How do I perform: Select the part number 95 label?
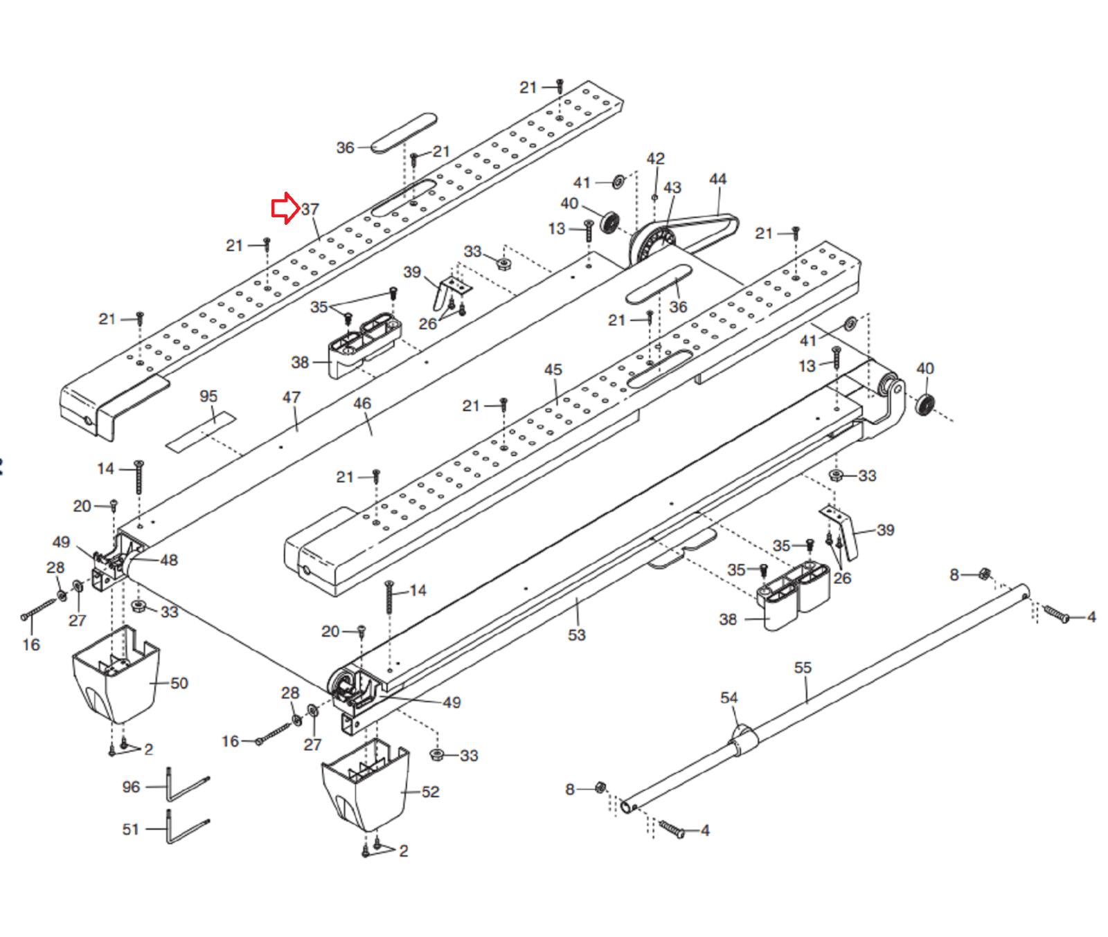coord(208,396)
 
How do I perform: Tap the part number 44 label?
coord(718,179)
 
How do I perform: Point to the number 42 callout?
coord(656,158)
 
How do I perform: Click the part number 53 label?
coord(577,635)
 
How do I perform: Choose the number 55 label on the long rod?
coord(803,667)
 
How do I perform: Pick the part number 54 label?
coord(729,698)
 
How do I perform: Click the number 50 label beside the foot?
coord(179,683)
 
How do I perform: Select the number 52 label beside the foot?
coord(431,792)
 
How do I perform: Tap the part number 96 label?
coord(131,787)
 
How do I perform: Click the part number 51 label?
coord(131,829)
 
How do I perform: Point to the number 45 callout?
coord(553,370)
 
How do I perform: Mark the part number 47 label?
coord(292,397)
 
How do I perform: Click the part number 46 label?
coord(362,403)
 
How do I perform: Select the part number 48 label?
coord(169,560)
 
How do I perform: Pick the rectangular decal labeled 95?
coord(201,432)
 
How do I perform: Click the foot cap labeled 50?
coord(116,675)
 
